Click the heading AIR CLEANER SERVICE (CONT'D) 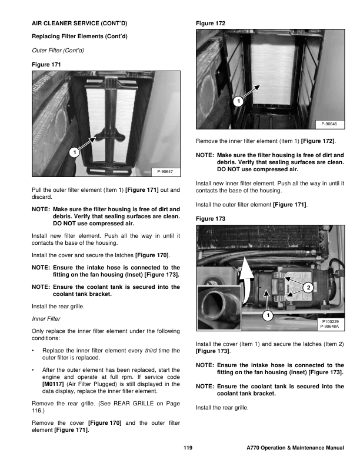click(79, 24)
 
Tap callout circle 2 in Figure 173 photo click(308, 287)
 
